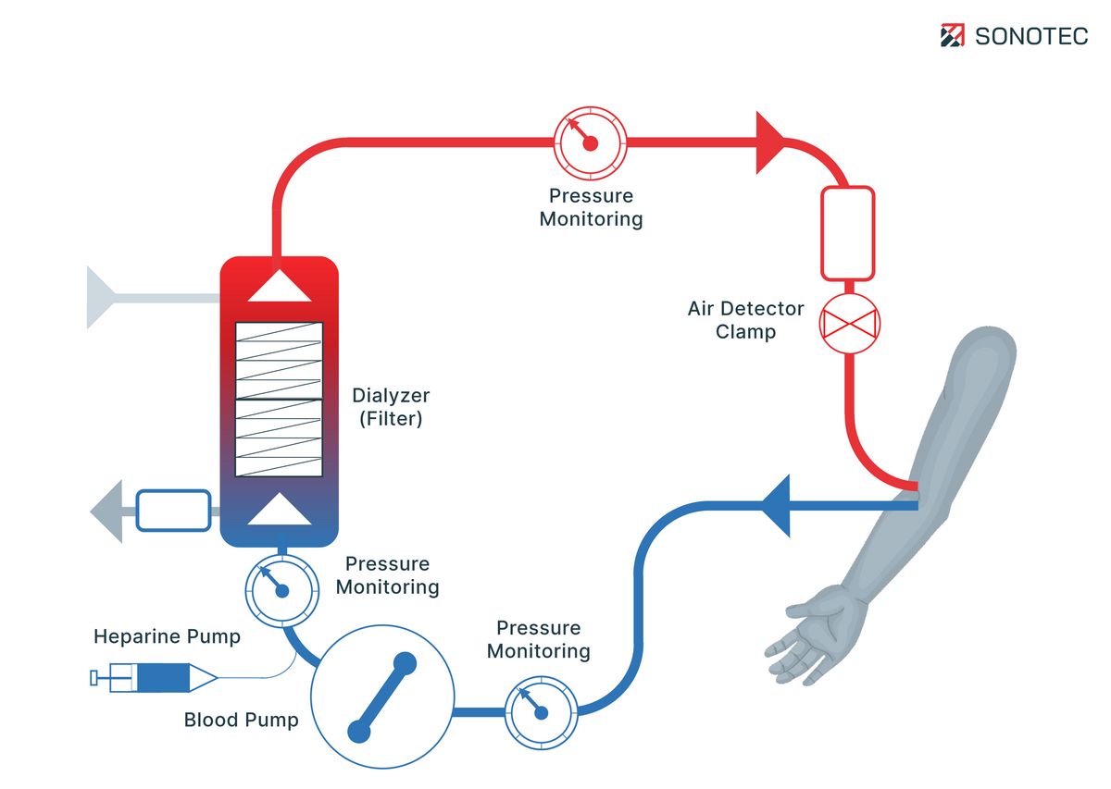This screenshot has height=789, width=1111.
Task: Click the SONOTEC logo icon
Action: tap(953, 36)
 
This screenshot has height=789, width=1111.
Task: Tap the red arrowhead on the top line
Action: tap(770, 142)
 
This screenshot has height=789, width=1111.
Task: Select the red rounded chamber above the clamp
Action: tap(847, 233)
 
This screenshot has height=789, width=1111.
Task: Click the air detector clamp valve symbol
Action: tap(849, 325)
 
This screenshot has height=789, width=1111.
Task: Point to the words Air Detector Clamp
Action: tap(745, 319)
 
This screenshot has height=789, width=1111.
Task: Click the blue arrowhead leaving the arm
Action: tap(776, 505)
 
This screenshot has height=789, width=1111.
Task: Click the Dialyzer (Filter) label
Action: tap(391, 407)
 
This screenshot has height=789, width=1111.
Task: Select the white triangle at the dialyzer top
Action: tap(280, 286)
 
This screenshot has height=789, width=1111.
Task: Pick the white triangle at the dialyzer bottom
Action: tap(280, 511)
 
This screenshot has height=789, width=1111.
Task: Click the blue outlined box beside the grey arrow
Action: tap(173, 511)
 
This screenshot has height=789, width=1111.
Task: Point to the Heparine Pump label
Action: tap(167, 636)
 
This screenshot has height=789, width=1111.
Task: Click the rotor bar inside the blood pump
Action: tap(381, 697)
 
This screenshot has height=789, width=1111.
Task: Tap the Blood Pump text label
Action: tap(241, 720)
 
